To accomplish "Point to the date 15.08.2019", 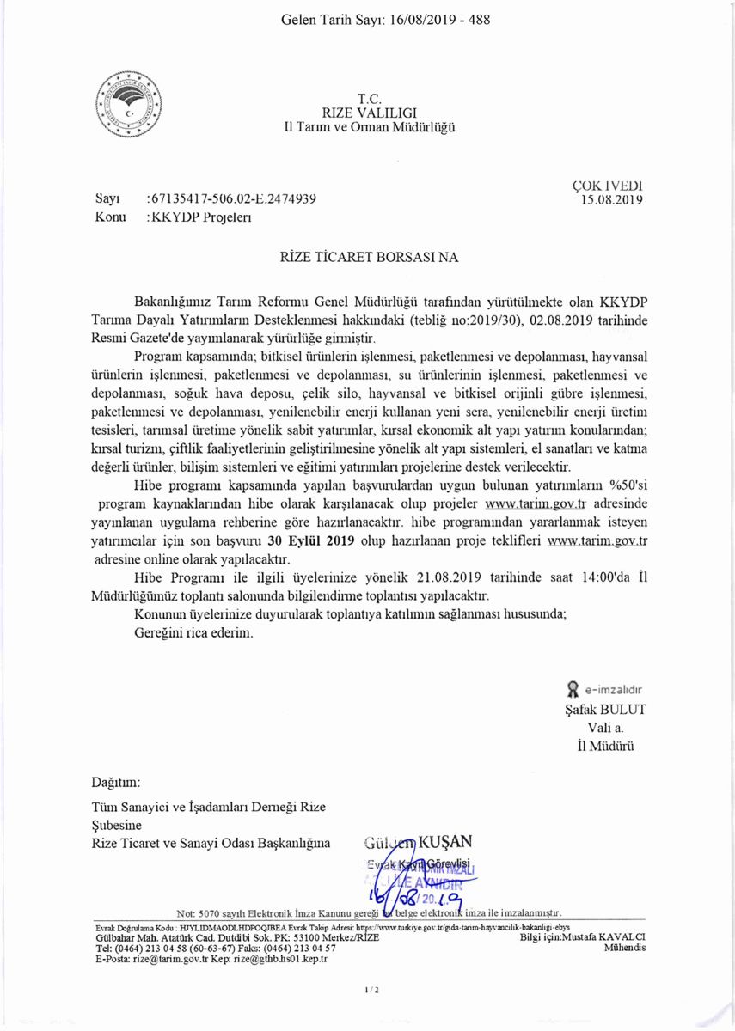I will click(x=613, y=199).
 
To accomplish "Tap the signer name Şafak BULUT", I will click(x=603, y=709).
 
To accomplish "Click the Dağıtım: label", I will click(x=115, y=783).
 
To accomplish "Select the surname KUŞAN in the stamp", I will click(x=445, y=841).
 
